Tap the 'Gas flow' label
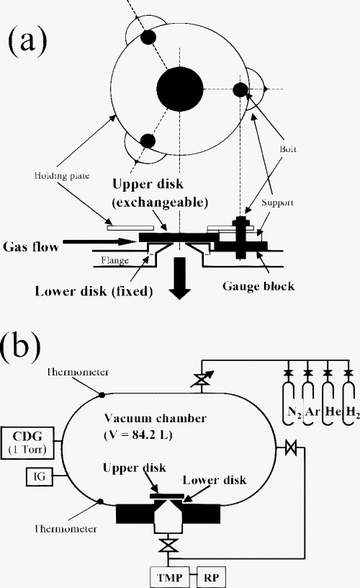pyautogui.click(x=32, y=246)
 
